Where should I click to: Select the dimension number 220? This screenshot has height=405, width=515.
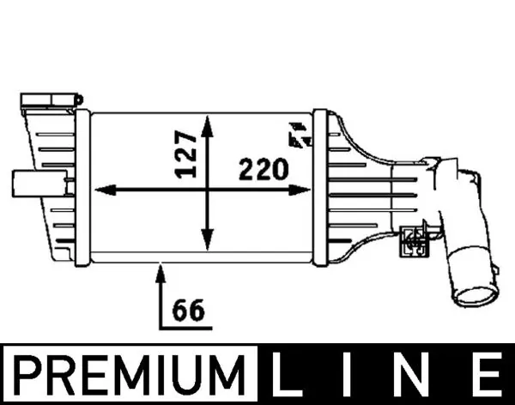click(x=262, y=170)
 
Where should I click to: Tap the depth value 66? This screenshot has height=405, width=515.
click(x=188, y=310)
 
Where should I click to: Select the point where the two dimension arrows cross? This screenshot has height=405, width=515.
click(x=206, y=190)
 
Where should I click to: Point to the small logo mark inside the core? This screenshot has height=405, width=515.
click(x=300, y=136)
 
